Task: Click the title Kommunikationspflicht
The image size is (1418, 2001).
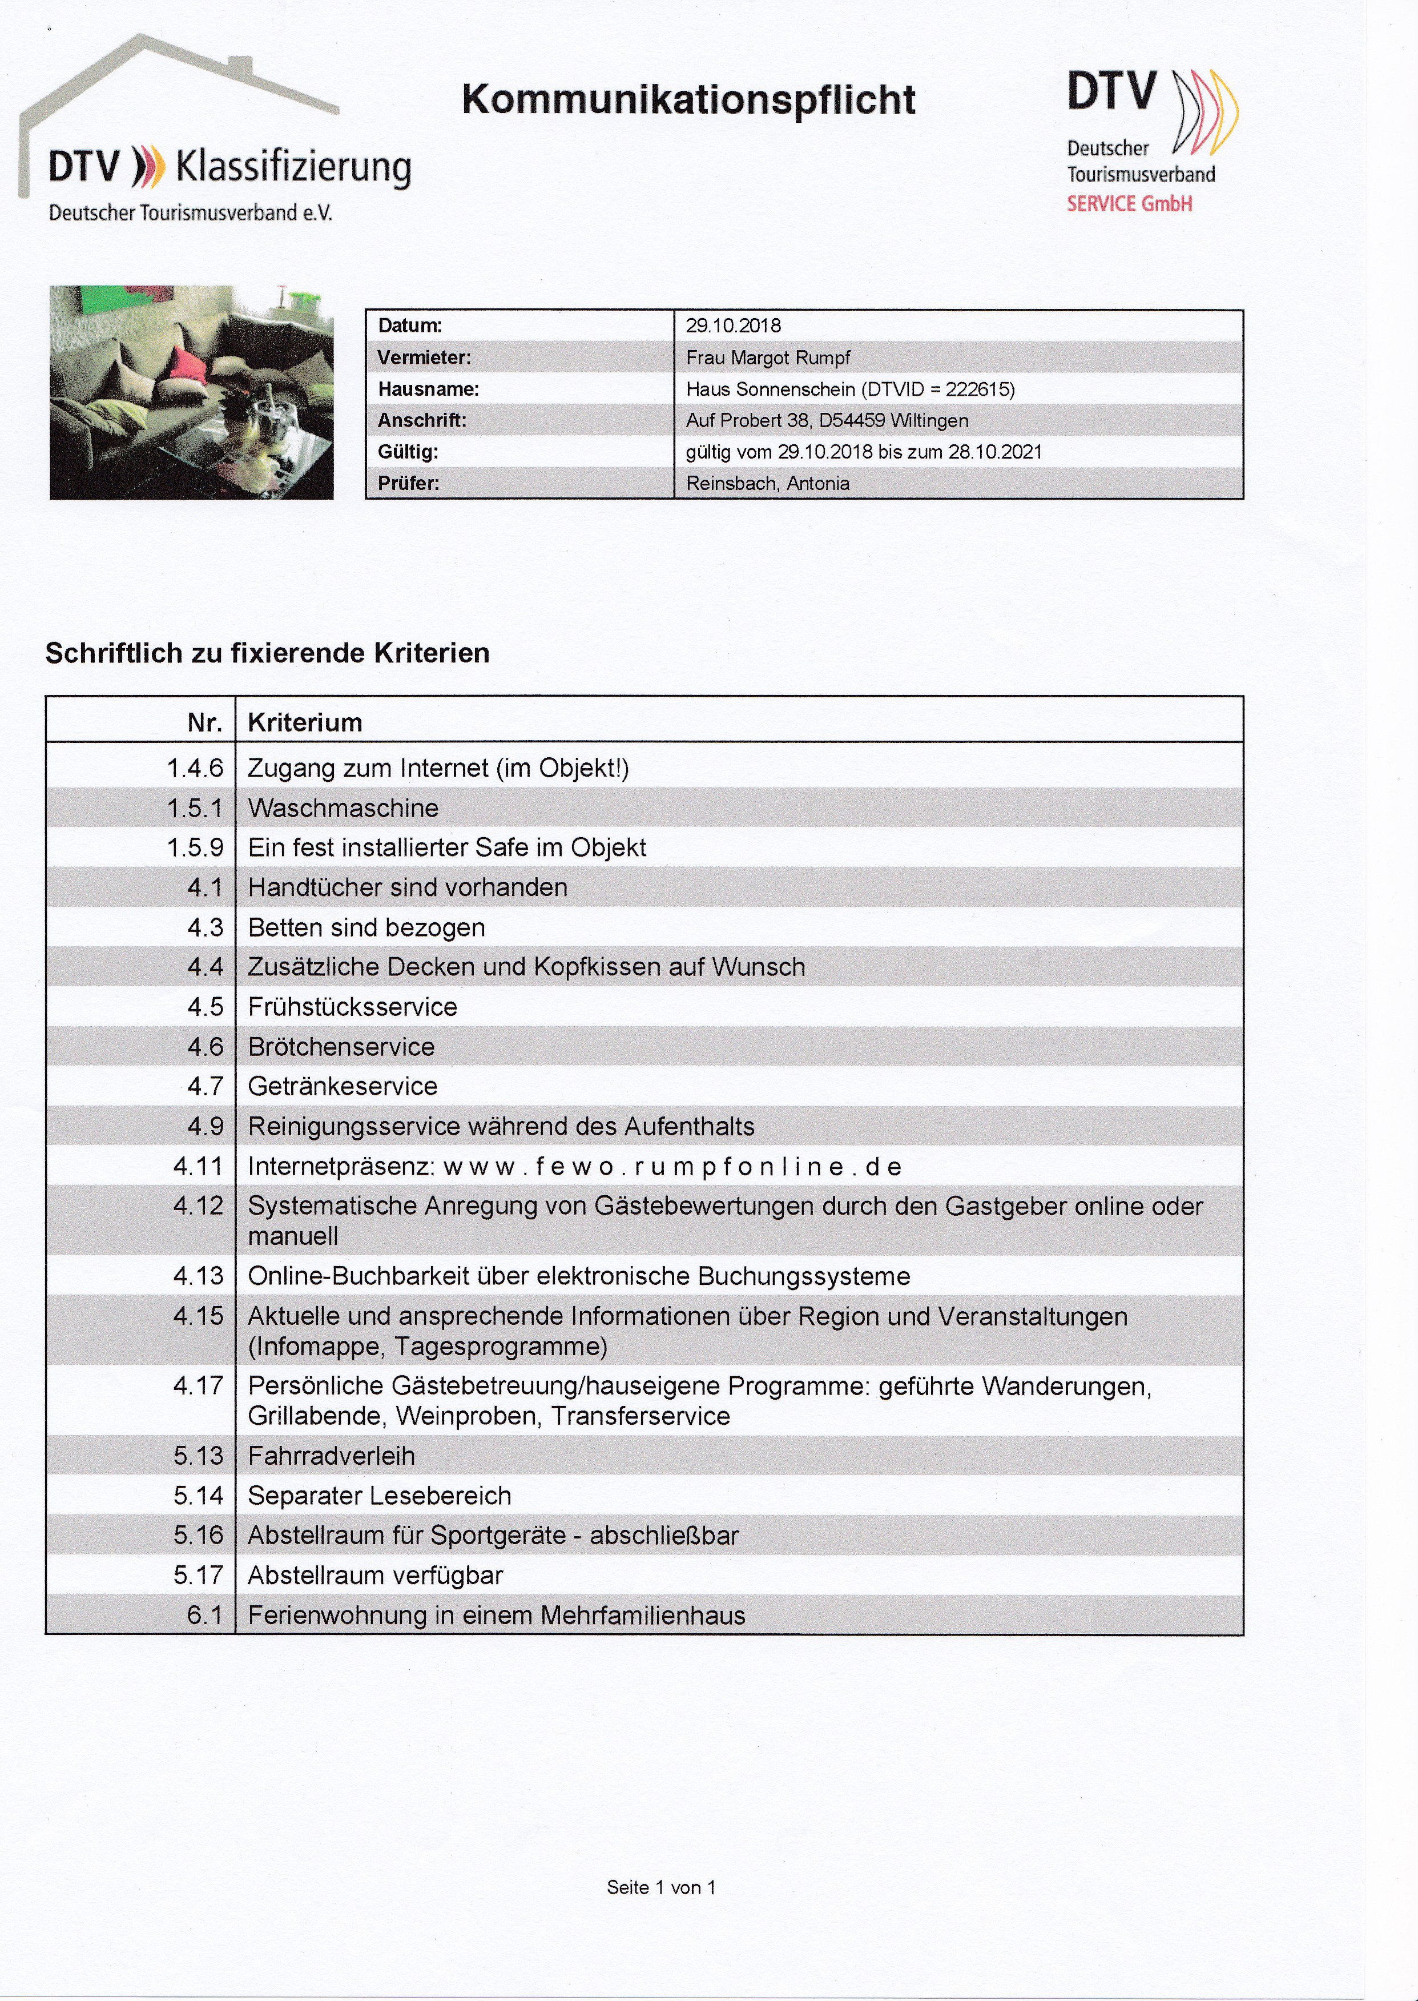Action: coord(688,99)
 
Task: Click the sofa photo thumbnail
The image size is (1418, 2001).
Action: coord(191,392)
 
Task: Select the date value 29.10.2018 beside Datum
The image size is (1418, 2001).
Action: coord(734,326)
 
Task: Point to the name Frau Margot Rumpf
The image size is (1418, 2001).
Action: coord(767,357)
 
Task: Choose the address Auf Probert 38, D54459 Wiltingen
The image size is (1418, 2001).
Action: coord(827,420)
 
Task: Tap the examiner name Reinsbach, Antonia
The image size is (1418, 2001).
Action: coord(767,483)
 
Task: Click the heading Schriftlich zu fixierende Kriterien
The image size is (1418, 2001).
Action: coord(267,653)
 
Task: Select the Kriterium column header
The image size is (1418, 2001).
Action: coord(305,722)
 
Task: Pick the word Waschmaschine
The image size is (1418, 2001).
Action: coord(343,808)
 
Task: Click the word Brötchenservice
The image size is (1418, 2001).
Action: coord(341,1046)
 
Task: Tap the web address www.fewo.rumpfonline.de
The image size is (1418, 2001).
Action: coord(672,1167)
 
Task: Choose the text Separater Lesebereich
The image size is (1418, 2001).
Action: coord(380,1495)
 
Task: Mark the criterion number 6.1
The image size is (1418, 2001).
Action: coord(205,1615)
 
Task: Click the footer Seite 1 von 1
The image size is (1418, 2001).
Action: coord(661,1887)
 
